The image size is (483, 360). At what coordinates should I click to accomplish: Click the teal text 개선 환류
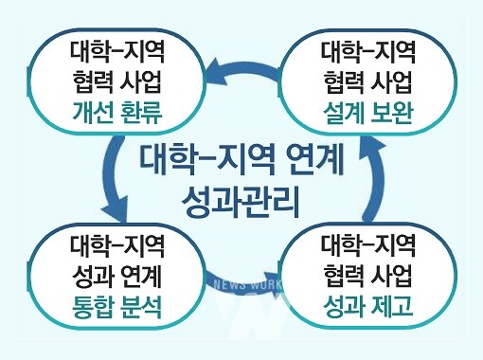click(x=117, y=117)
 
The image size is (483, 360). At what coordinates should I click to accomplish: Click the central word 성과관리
click(x=242, y=202)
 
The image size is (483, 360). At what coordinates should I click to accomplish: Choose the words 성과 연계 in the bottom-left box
click(x=117, y=278)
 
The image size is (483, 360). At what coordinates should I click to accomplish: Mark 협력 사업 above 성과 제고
click(x=368, y=278)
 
